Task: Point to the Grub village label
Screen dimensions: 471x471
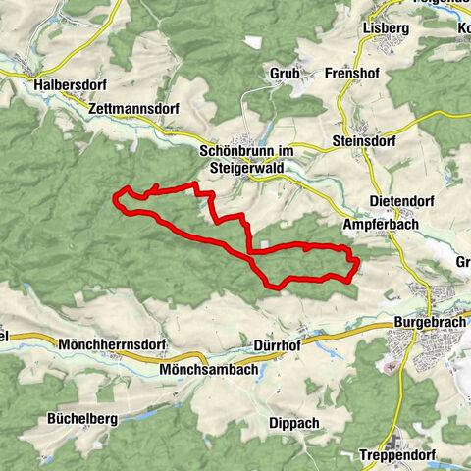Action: click(x=283, y=73)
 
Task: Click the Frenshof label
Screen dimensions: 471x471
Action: click(x=350, y=73)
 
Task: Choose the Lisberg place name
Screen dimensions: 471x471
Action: click(x=385, y=28)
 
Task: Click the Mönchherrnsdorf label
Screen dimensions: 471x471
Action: click(x=112, y=345)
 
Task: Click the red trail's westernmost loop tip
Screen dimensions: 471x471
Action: click(x=117, y=199)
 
